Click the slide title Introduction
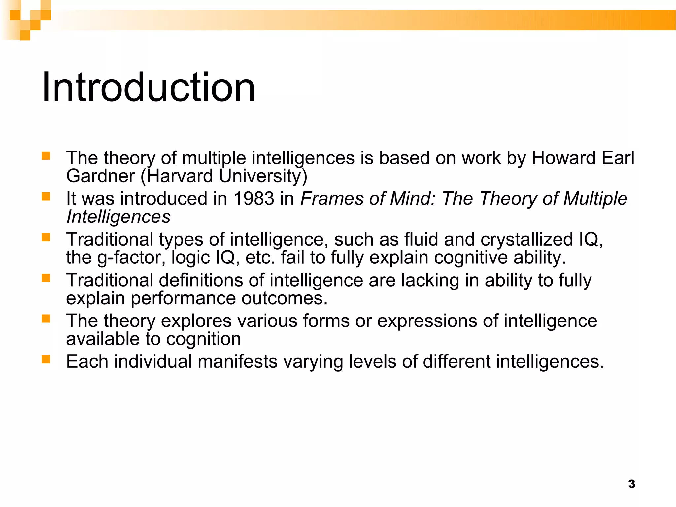pos(148,87)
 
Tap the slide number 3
pos(631,484)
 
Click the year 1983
pos(254,199)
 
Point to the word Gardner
pos(100,176)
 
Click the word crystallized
pos(527,239)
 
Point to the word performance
pos(183,298)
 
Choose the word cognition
pos(203,339)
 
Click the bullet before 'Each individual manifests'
pos(46,359)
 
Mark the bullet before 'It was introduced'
pos(46,197)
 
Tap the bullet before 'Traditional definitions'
pos(46,278)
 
